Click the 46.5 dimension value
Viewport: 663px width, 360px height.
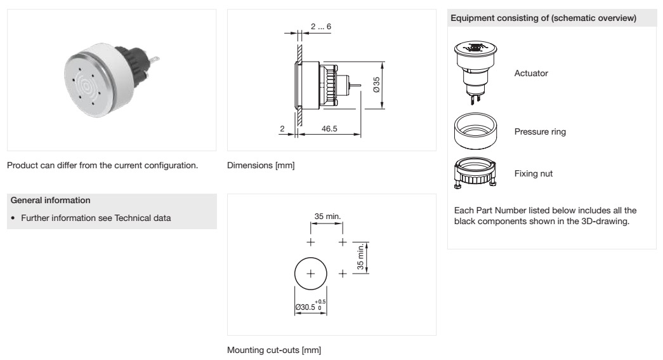[x=329, y=129]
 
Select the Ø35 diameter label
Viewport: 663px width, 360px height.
[x=376, y=84]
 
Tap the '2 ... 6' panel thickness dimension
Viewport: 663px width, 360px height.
[x=321, y=27]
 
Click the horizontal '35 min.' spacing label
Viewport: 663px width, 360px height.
[x=327, y=216]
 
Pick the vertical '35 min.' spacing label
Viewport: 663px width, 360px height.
[x=360, y=257]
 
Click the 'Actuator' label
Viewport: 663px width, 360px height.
[x=531, y=73]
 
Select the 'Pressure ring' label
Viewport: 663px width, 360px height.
[x=540, y=131]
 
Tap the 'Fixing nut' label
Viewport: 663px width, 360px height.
[x=533, y=173]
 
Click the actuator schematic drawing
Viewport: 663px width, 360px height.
[x=475, y=72]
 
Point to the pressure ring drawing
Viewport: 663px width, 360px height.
[x=475, y=131]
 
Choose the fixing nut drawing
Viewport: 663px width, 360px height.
[x=475, y=173]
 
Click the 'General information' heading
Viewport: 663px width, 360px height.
[x=50, y=200]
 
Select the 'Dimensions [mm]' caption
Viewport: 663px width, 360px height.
[x=261, y=166]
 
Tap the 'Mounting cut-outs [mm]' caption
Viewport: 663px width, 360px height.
[x=274, y=350]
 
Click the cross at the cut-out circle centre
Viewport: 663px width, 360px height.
[x=311, y=274]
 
